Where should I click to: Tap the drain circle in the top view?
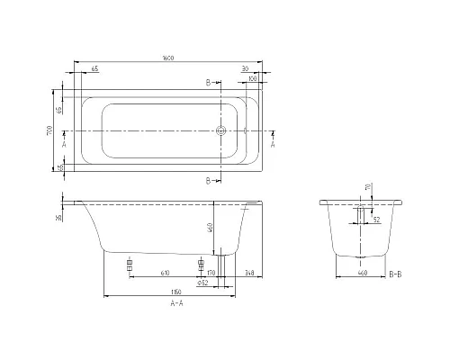pyautogui.click(x=222, y=130)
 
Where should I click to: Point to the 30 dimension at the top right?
pyautogui.click(x=245, y=68)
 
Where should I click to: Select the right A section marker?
pyautogui.click(x=273, y=142)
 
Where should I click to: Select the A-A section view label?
pyautogui.click(x=167, y=304)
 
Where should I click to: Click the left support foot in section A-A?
pyautogui.click(x=130, y=266)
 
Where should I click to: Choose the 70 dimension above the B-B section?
pyautogui.click(x=367, y=187)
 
